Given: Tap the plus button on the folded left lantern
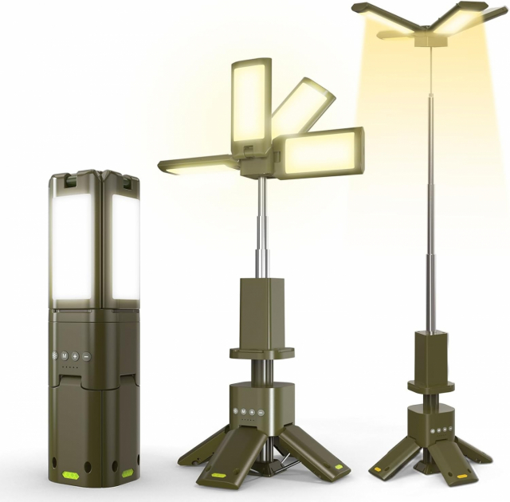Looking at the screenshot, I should click(x=75, y=356).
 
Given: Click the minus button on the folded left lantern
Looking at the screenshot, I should click(x=86, y=356).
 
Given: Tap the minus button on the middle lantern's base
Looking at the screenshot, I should click(x=261, y=412).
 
